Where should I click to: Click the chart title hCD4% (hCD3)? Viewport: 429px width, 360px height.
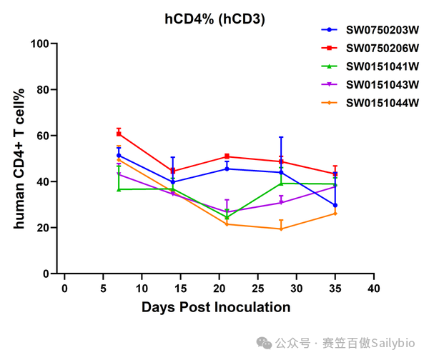point(214,19)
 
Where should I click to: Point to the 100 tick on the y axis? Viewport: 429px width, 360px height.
point(39,44)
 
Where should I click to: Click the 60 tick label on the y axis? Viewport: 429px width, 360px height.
point(43,136)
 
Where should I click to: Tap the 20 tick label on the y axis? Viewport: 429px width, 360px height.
point(43,228)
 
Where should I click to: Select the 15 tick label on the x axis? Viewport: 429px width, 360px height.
point(180,289)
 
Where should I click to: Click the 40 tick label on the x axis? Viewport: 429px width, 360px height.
point(374,289)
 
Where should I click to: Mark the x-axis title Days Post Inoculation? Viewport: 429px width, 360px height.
point(216,307)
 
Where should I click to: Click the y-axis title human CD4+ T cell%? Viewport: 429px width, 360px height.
point(19,159)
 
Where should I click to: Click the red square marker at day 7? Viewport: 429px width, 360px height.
point(119,134)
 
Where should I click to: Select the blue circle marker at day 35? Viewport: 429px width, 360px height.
point(335,205)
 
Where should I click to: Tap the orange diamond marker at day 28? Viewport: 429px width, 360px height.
point(281,229)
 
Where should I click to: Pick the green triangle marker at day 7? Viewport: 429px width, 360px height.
point(119,189)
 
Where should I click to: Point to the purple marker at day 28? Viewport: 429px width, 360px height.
point(281,203)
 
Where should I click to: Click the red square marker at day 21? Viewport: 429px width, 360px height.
point(227,156)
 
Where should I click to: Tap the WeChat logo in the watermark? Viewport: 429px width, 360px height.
point(264,343)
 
